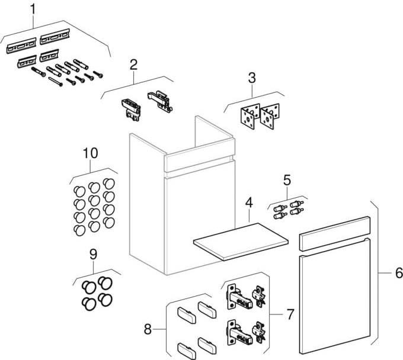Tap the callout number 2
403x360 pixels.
point(134,65)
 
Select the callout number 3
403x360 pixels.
point(252,78)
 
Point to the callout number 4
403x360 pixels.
point(250,202)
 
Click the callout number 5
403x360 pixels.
point(287,179)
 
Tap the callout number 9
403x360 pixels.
point(92,254)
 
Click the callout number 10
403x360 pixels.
point(90,153)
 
